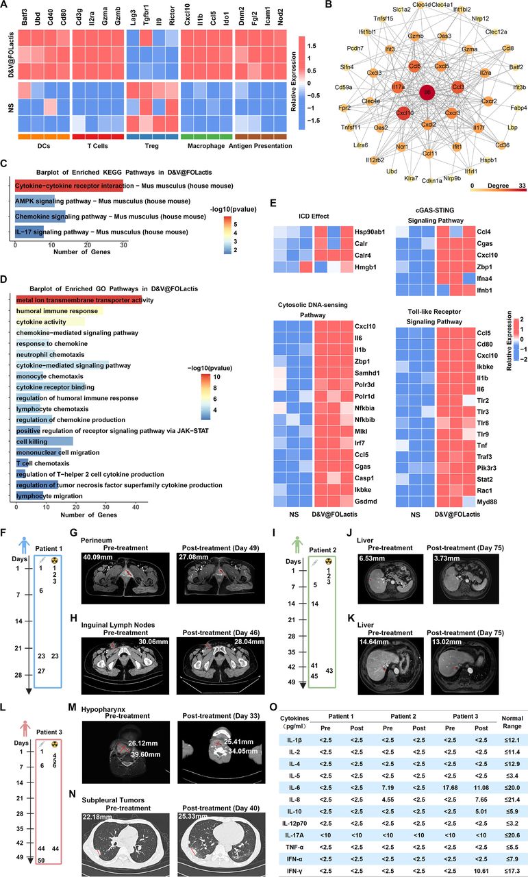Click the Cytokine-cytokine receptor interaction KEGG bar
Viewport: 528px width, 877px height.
pyautogui.click(x=68, y=184)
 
